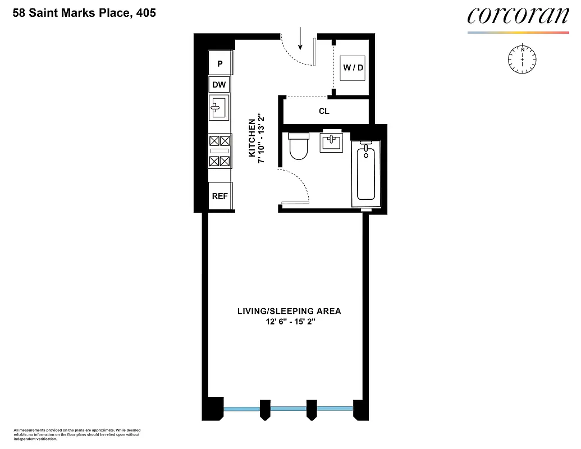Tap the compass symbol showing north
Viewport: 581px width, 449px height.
coord(523,58)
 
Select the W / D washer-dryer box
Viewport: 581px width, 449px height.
coord(353,68)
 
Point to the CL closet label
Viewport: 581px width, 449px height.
coord(324,111)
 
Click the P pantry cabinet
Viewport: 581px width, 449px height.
coord(220,64)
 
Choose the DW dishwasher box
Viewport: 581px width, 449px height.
coord(219,85)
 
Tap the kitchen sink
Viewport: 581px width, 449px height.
coord(219,107)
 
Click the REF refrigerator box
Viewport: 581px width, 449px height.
coord(219,196)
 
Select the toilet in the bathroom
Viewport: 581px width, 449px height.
coord(298,145)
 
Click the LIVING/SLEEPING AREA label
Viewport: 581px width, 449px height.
coord(289,311)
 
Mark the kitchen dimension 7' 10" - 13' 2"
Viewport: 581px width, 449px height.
coord(261,140)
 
